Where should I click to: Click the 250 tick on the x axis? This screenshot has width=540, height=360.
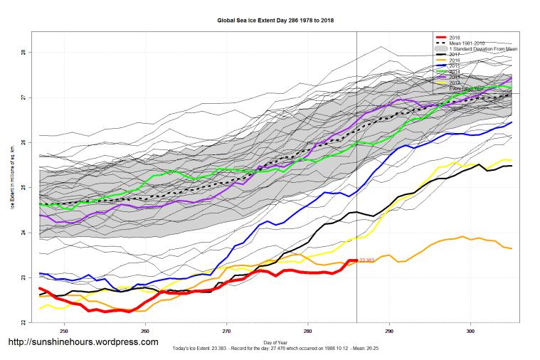point(64,331)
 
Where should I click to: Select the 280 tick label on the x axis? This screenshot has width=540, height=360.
point(308,331)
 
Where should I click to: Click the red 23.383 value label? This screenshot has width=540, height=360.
point(368,260)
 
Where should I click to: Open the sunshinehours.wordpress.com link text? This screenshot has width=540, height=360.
point(83,342)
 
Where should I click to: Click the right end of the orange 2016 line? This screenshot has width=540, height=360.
point(512,248)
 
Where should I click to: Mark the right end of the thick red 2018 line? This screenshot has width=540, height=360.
point(356,260)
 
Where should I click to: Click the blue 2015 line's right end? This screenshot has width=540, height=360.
point(512,122)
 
